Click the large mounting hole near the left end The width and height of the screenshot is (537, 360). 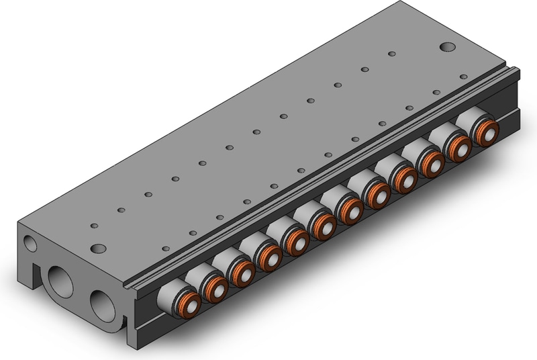pos(99,249)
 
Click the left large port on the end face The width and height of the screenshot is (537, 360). pos(58,283)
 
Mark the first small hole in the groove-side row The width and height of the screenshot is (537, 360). pos(165,249)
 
